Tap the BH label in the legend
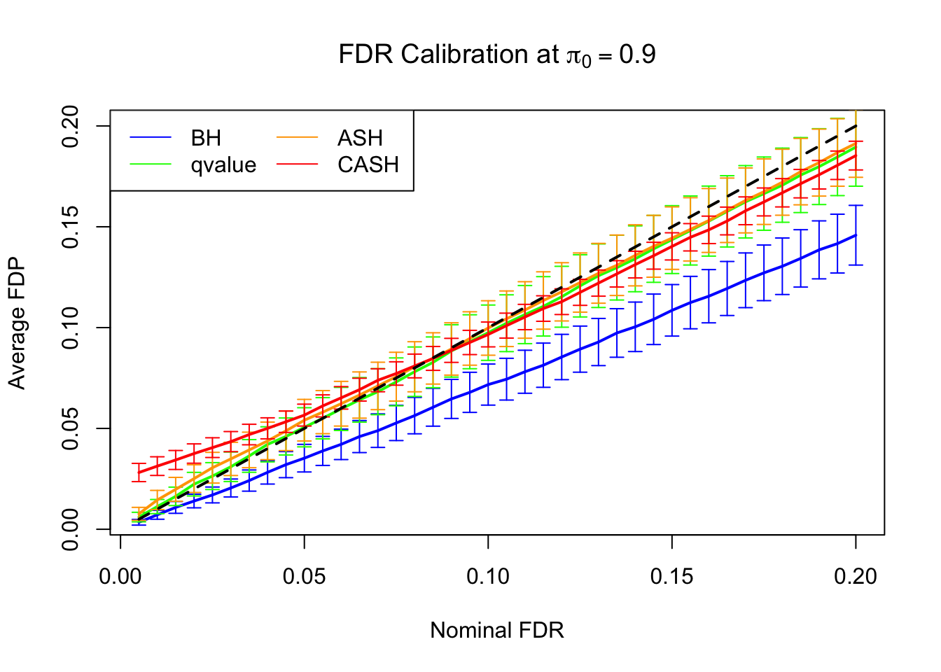tap(206, 138)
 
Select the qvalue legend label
tap(223, 165)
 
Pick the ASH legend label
tap(360, 138)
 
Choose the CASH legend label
tap(368, 165)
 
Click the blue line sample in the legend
tap(151, 138)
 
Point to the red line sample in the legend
tap(298, 165)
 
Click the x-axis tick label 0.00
tap(120, 577)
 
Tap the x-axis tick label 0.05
tap(305, 577)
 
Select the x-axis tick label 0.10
tap(488, 577)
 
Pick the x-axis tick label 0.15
tap(672, 577)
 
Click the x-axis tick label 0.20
tap(856, 577)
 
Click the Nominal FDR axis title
tap(496, 631)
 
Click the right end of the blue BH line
tap(855, 235)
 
